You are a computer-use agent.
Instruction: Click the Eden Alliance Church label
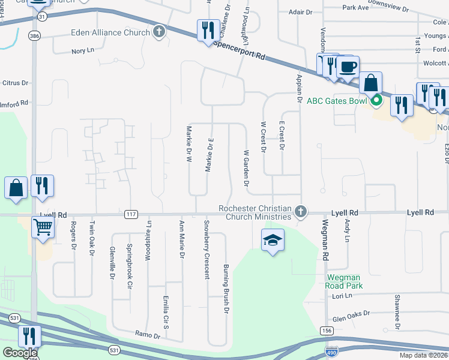(x=110, y=32)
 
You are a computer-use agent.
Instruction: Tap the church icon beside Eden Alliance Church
(x=159, y=32)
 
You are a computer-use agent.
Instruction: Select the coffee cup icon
(x=347, y=67)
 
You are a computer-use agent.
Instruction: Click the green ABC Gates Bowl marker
(x=376, y=100)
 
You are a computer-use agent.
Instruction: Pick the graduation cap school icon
(x=273, y=240)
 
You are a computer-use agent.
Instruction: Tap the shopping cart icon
(x=43, y=227)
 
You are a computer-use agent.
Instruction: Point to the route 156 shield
(x=327, y=331)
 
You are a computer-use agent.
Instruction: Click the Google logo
(x=20, y=353)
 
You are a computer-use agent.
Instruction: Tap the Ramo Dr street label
(x=148, y=335)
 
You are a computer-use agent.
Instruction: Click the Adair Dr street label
(x=301, y=11)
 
